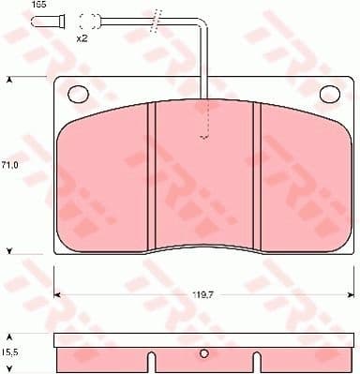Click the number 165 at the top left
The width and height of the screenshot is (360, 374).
tap(13, 6)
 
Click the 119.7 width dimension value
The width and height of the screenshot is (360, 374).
tap(204, 294)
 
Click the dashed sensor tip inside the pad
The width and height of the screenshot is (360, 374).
tap(204, 137)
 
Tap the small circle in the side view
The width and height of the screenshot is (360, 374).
tap(204, 354)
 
